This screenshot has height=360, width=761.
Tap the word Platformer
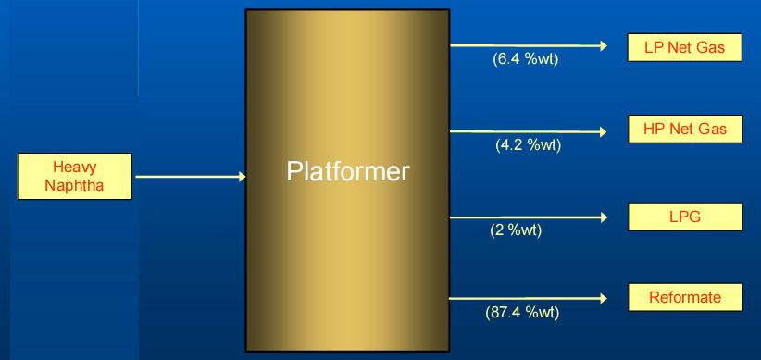point(347,172)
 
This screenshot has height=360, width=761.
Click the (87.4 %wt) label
point(522,312)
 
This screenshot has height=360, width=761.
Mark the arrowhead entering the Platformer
point(241,176)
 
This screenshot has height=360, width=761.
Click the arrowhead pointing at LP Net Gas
point(603,45)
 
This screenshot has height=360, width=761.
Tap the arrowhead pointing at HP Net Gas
point(603,131)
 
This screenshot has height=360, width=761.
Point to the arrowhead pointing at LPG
point(603,217)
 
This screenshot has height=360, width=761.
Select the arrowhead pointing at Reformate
point(603,298)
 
